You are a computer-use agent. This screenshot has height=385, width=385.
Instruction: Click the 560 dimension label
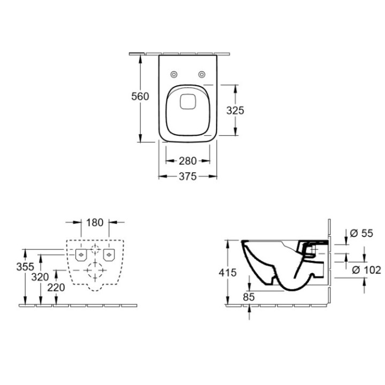point(140,96)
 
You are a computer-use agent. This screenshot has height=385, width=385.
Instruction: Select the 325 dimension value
point(235,110)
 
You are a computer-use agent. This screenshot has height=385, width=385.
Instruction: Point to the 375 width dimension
point(187,176)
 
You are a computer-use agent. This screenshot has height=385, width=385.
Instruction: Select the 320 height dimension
point(40,276)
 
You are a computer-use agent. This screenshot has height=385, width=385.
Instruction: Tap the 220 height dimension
point(56,287)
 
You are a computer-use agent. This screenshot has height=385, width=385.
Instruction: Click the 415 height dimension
point(228,273)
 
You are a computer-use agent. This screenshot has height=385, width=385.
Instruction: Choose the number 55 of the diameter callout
point(366,233)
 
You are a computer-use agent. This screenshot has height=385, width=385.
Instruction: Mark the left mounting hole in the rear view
point(80,255)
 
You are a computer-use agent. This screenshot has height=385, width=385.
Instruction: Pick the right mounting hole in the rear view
point(110,255)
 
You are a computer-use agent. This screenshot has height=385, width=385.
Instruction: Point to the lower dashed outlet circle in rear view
point(95,271)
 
